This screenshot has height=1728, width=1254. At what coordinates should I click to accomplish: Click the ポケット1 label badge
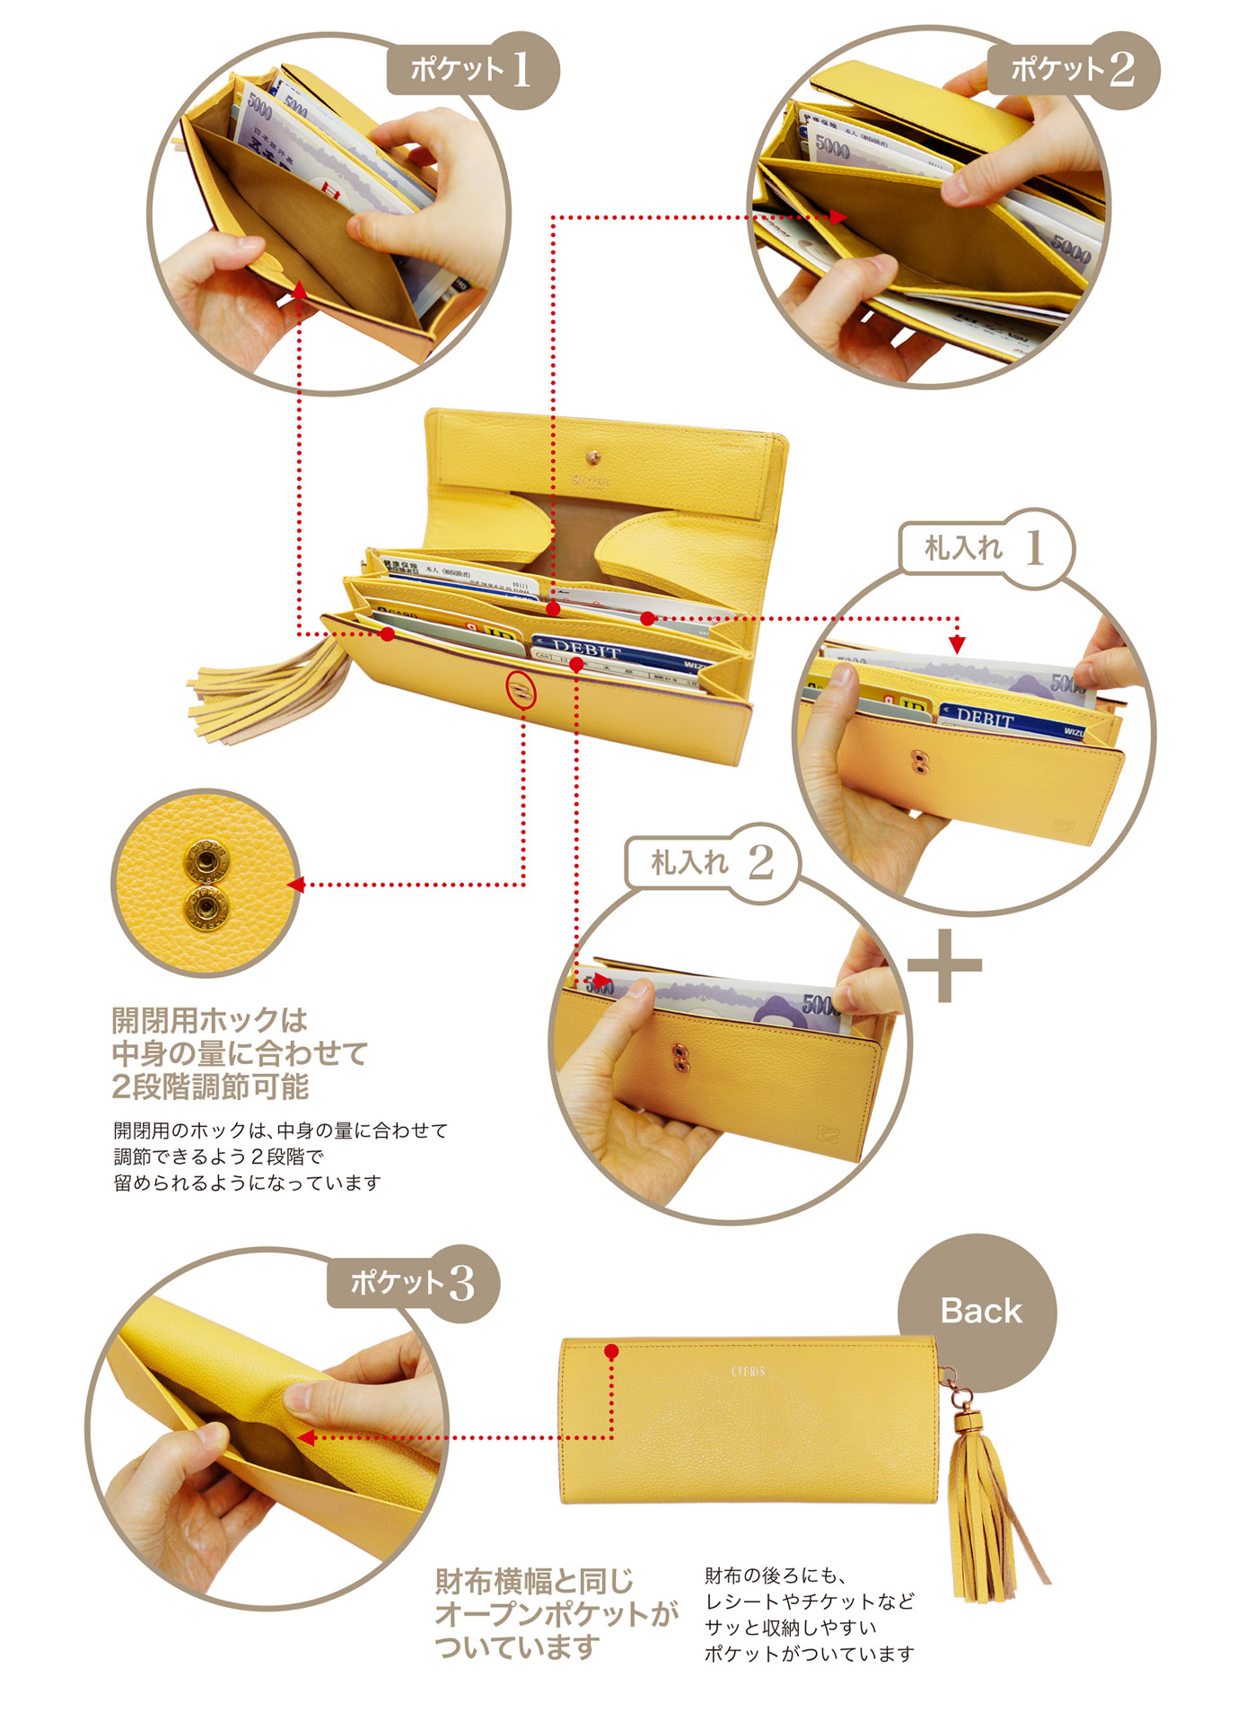470,70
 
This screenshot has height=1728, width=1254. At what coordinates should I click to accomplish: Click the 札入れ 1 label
984,547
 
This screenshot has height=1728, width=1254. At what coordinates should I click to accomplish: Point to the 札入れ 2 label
710,862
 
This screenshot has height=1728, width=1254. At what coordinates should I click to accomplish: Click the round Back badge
979,1312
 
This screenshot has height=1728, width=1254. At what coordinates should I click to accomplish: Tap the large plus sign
944,965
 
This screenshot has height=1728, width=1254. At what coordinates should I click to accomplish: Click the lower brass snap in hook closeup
206,909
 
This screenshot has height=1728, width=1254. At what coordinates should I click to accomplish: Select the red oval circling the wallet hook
522,690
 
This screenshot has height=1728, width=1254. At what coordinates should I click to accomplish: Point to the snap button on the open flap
592,459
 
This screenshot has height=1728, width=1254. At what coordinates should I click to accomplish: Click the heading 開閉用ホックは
210,1020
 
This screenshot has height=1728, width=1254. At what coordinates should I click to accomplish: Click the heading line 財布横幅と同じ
534,1581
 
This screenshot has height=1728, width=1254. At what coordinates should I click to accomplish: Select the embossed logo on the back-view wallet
747,1372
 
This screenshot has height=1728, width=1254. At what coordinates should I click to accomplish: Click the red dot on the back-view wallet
611,1351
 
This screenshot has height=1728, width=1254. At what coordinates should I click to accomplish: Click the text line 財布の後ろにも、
776,1575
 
